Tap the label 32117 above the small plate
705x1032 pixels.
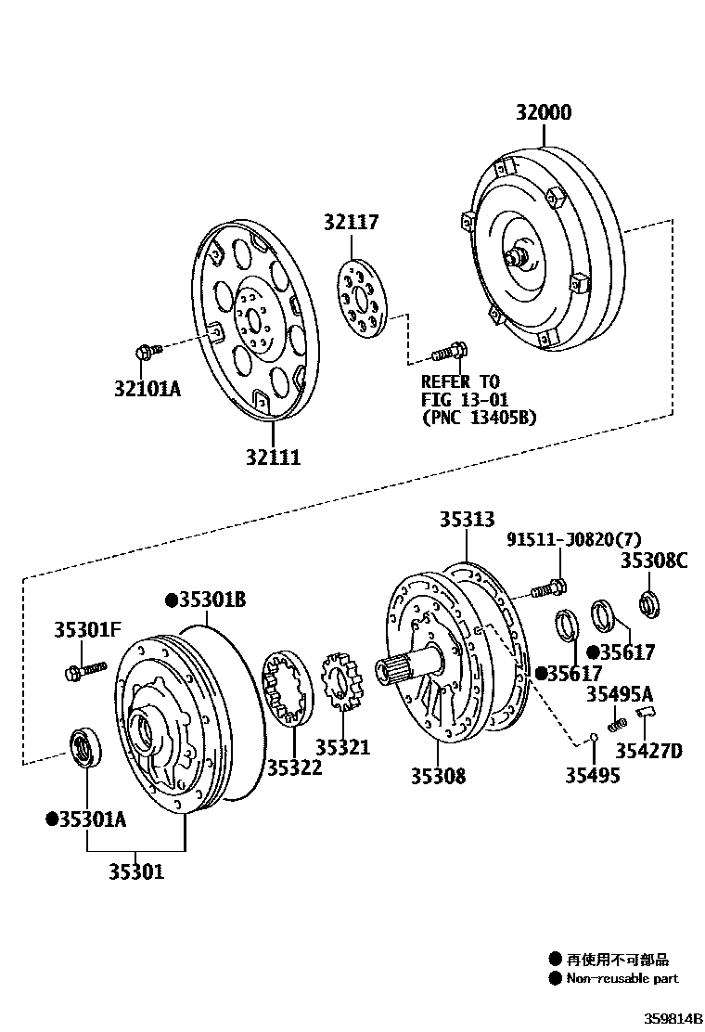352,223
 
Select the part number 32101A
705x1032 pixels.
148,389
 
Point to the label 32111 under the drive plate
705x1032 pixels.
274,458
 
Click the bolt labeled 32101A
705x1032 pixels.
147,351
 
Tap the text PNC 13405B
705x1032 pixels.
479,418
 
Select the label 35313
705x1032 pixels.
467,520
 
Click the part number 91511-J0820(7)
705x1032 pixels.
573,540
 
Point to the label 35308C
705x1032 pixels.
655,560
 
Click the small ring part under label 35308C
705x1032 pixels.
649,603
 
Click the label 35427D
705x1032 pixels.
650,751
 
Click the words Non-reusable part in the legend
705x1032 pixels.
622,977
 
